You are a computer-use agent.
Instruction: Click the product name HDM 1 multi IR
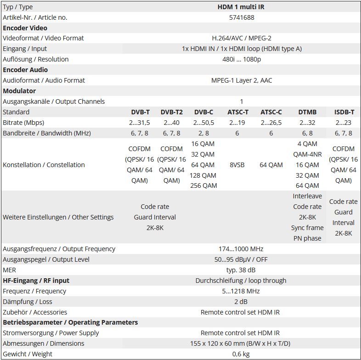coord(241,7)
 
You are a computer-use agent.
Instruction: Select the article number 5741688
coord(241,17)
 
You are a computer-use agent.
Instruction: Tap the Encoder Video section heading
coord(25,28)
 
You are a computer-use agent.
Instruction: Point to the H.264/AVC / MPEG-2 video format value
coord(241,38)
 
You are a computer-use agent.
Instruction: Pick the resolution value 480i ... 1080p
coord(241,59)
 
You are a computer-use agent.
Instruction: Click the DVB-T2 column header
coord(171,112)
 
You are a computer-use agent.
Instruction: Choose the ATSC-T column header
coord(237,112)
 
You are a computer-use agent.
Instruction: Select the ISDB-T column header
coord(344,112)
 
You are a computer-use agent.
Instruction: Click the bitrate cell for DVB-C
coord(203,123)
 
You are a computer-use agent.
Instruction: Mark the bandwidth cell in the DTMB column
coord(307,133)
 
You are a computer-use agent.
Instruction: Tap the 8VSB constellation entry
coord(237,165)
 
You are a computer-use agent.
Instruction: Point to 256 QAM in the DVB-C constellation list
coord(203,186)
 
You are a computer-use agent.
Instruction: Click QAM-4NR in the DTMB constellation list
coord(307,154)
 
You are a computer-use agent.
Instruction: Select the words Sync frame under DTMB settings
coord(307,228)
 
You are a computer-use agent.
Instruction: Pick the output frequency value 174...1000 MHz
coord(241,249)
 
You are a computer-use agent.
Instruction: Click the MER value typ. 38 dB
coord(241,270)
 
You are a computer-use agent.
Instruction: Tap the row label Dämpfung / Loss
coord(27,302)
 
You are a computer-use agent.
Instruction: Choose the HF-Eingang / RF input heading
coord(36,281)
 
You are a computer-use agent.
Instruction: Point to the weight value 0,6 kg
coord(241,354)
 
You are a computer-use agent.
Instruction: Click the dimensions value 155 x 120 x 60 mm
coord(241,343)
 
